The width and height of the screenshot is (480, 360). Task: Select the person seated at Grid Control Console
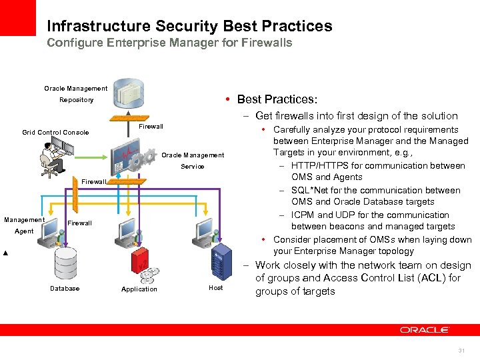click(x=50, y=157)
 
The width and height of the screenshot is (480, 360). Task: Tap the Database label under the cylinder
click(x=65, y=289)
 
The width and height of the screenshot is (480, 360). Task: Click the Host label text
click(x=216, y=288)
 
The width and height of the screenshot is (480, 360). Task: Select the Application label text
click(x=139, y=289)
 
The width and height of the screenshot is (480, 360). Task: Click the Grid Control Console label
click(x=55, y=133)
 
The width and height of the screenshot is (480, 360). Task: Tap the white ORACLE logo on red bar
click(x=425, y=330)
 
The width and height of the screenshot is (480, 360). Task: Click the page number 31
click(x=461, y=351)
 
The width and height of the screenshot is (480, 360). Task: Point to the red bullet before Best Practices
click(x=229, y=99)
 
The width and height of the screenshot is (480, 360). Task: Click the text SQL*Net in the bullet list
click(x=309, y=191)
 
